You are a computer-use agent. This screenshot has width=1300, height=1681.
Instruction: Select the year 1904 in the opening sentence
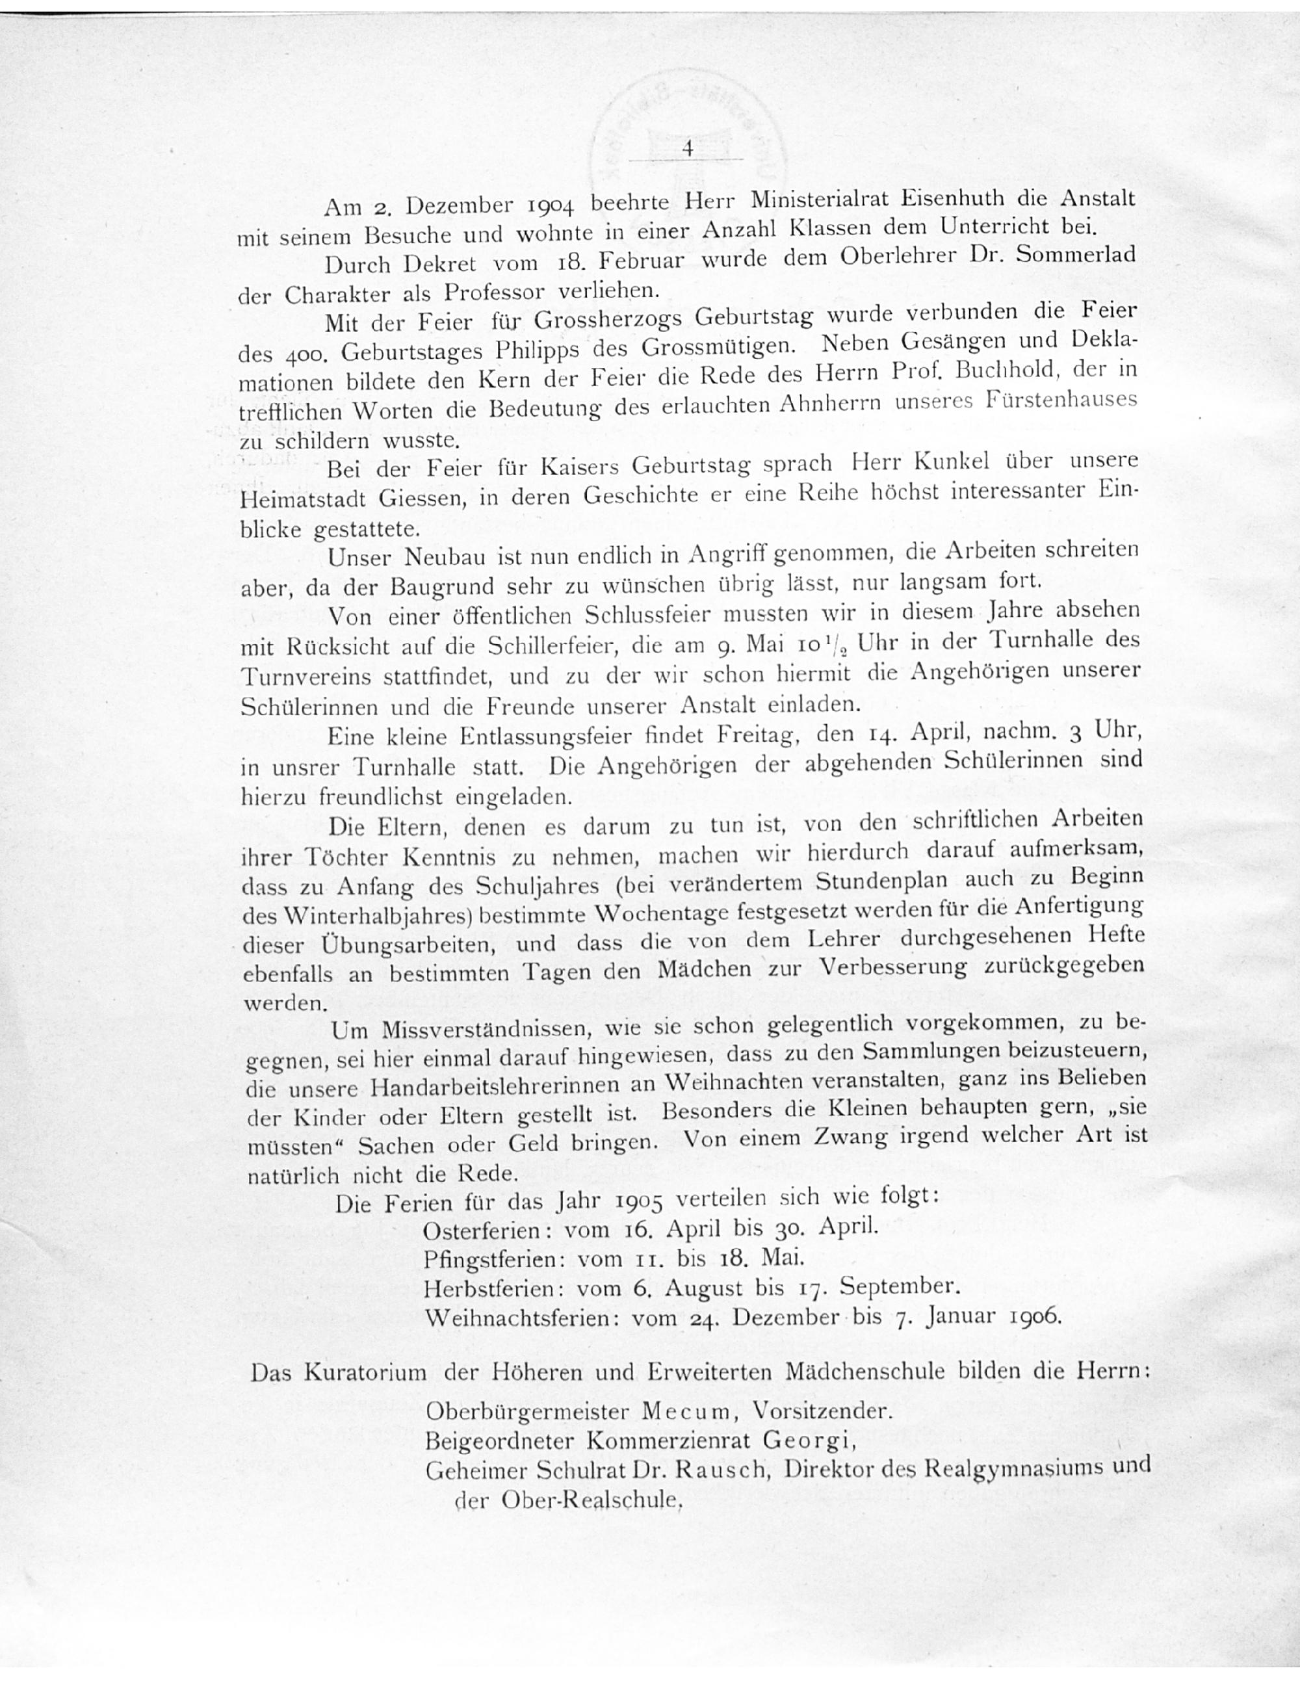pyautogui.click(x=551, y=205)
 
